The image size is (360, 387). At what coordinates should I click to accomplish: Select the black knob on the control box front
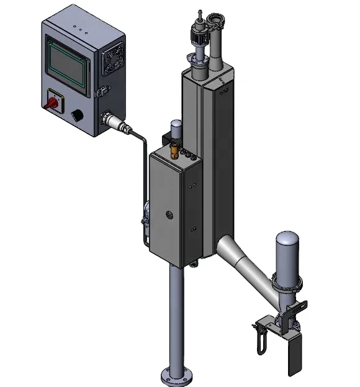(78, 115)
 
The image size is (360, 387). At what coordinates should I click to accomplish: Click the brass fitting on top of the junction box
(174, 151)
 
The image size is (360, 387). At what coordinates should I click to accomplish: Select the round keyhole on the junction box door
(169, 215)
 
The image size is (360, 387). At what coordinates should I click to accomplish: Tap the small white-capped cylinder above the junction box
(176, 127)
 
